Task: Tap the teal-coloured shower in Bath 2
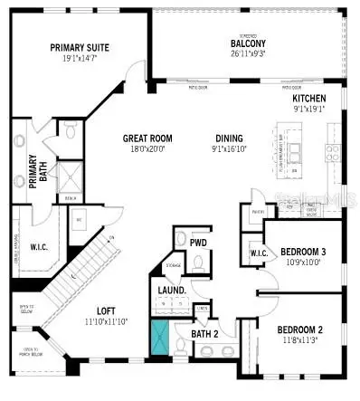[x=161, y=336]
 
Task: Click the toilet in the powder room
[x=180, y=240]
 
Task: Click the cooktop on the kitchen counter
[x=331, y=151]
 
